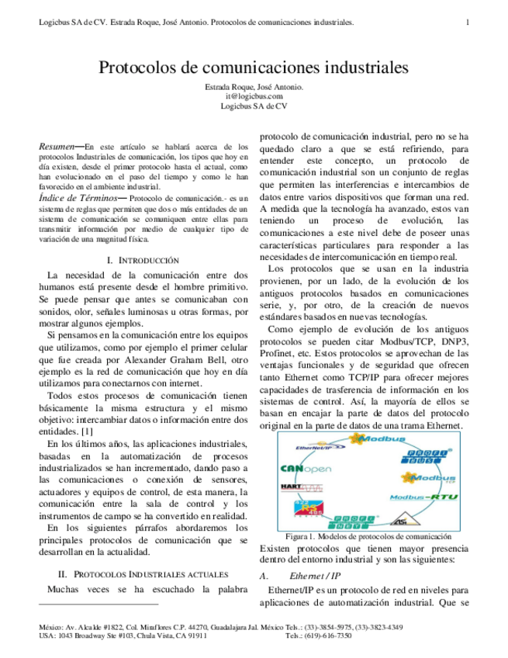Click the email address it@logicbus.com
point(254,96)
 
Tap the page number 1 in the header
point(468,23)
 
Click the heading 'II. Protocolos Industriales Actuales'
point(143,574)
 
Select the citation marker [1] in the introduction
point(87,430)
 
